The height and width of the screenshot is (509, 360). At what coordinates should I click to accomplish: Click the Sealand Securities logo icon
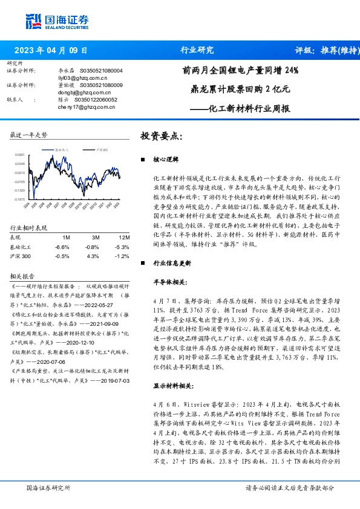[34, 20]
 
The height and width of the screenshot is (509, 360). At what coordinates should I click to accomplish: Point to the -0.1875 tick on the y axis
[21, 198]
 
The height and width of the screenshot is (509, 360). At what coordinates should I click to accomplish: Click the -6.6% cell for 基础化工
[62, 247]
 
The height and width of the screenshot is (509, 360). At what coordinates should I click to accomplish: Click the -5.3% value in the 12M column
[123, 247]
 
